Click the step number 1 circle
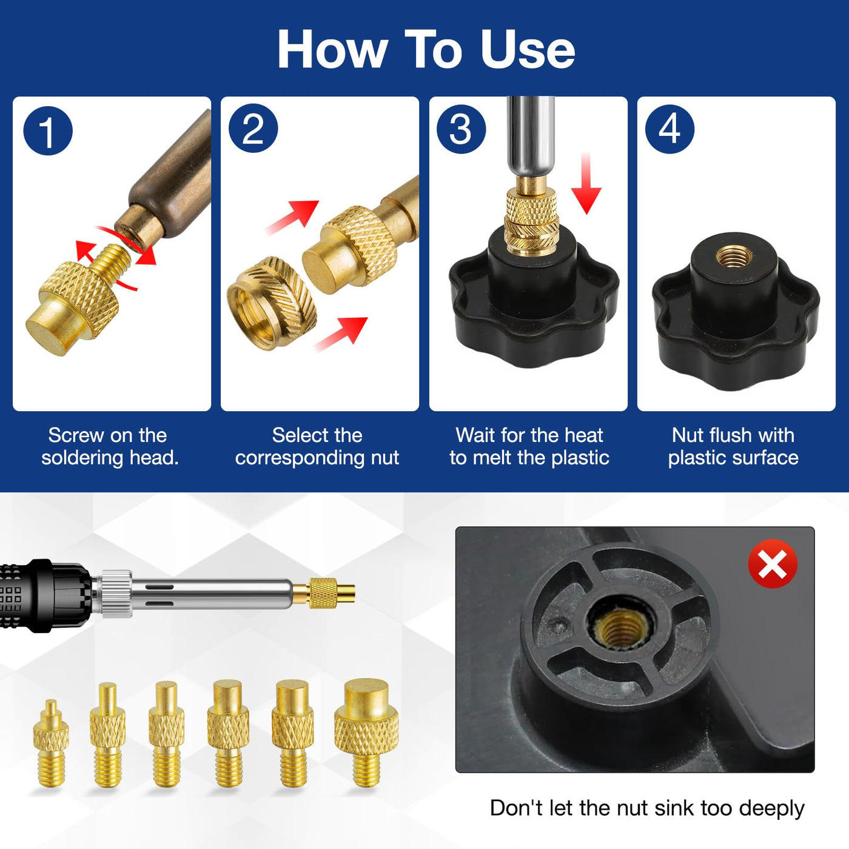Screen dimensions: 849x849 pyautogui.click(x=47, y=131)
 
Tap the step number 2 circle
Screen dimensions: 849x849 pyautogui.click(x=253, y=129)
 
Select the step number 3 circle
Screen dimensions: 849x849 pyautogui.click(x=461, y=129)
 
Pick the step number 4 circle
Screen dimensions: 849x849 pyautogui.click(x=669, y=129)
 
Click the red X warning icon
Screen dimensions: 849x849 pyautogui.click(x=773, y=563)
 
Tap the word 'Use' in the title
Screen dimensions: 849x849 pyautogui.click(x=528, y=49)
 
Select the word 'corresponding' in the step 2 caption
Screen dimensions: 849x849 pyautogui.click(x=300, y=458)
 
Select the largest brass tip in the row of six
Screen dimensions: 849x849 pyautogui.click(x=366, y=733)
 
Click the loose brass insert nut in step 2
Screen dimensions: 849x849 pyautogui.click(x=272, y=303)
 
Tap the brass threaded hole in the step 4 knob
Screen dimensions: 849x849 pyautogui.click(x=734, y=257)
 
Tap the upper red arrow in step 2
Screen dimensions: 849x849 pyautogui.click(x=292, y=216)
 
